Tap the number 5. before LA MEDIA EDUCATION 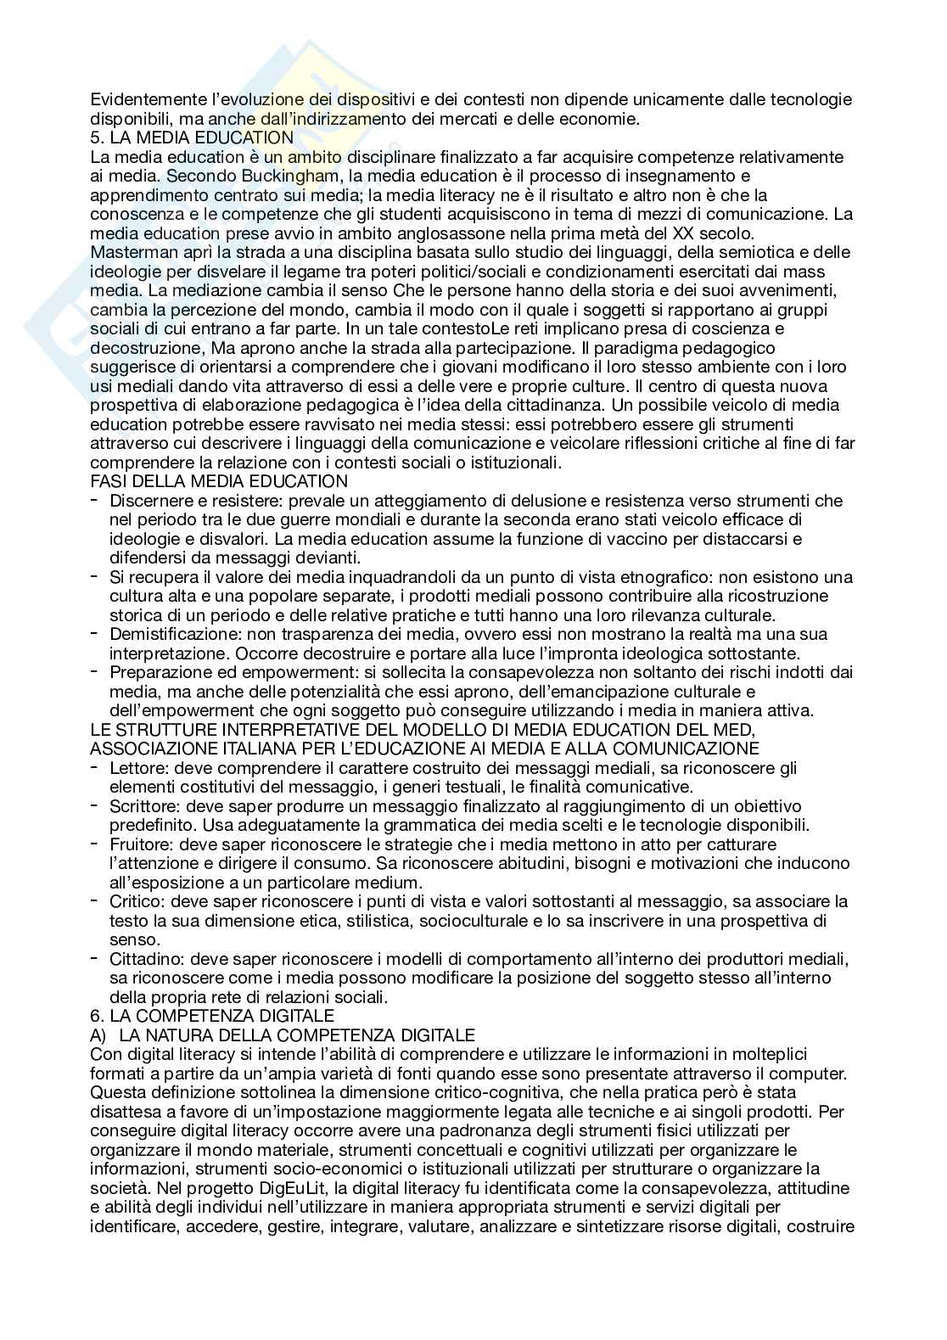(96, 138)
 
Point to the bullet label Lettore (135, 767)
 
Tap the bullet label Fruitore (140, 844)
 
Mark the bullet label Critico (135, 900)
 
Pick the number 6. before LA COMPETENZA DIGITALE (96, 1015)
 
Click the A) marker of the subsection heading (98, 1034)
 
